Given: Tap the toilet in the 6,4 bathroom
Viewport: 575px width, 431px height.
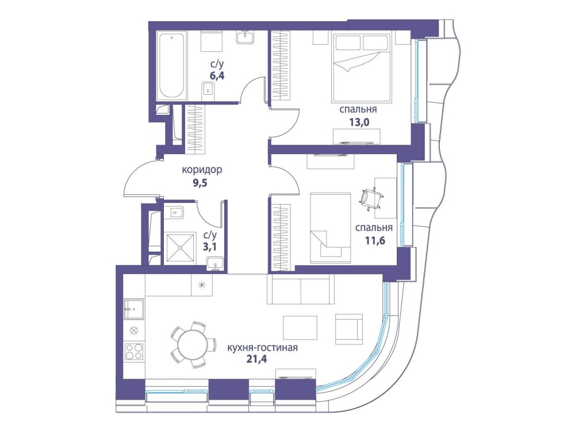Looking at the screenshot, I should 208,89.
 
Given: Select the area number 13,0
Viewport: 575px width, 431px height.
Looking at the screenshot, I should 359,121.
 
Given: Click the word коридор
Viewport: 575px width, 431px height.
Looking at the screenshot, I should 202,170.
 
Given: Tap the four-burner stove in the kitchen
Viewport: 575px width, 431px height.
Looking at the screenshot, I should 134,351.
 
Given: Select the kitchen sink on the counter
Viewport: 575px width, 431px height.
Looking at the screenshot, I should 134,309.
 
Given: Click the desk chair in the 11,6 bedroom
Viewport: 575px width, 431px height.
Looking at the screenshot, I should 370,197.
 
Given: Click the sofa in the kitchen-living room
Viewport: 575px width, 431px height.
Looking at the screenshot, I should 300,289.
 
